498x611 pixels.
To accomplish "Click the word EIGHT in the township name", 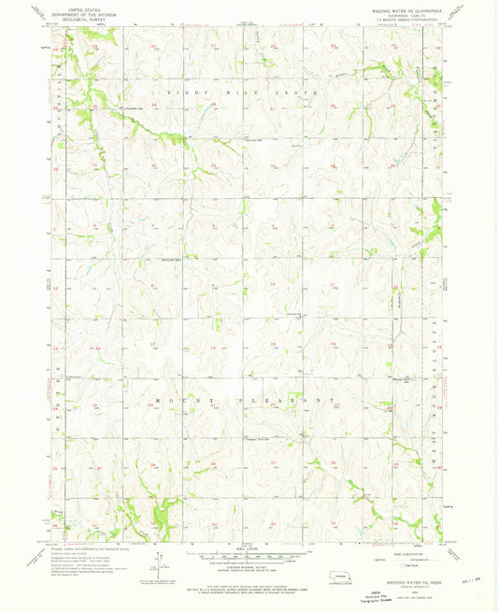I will pos(179,94).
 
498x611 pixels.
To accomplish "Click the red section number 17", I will pos(153,344).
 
